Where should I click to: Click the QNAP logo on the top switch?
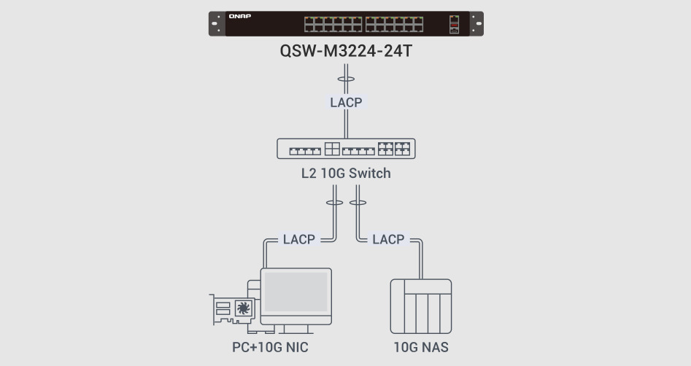pos(239,16)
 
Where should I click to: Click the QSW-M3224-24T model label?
pos(345,52)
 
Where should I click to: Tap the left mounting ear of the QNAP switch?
pos(217,24)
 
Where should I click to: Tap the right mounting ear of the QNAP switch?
pos(476,24)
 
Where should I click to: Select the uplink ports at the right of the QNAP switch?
pos(455,24)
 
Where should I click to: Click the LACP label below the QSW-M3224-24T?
pos(345,103)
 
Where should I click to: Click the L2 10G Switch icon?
pos(345,149)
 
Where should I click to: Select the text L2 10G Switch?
pos(345,174)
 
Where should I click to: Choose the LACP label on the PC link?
pos(298,239)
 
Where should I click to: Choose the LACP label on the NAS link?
pos(388,239)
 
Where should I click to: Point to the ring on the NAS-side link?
pos(358,203)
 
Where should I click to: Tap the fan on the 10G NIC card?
pos(242,309)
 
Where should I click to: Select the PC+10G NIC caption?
pos(270,348)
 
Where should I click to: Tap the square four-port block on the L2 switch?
pos(333,149)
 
